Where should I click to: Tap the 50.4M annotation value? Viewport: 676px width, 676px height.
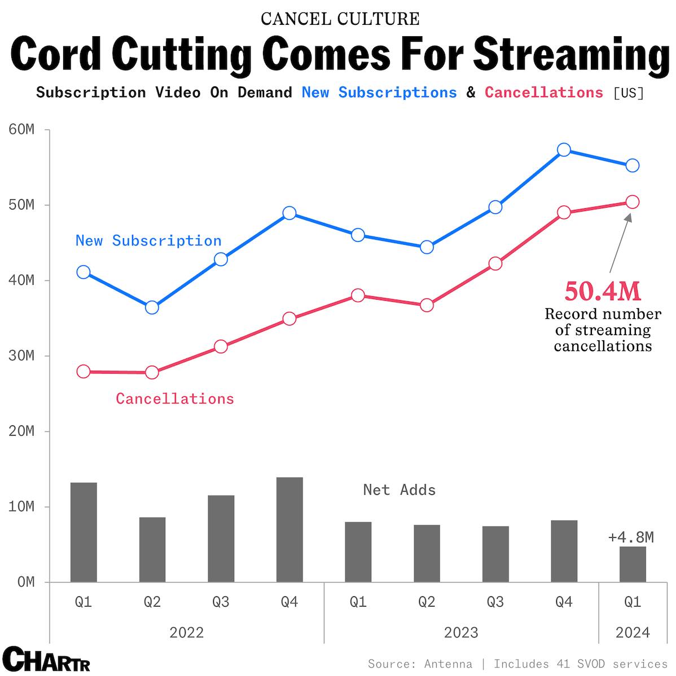coord(603,292)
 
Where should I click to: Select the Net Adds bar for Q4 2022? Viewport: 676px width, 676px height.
coord(289,529)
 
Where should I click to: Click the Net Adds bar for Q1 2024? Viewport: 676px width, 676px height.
coord(633,564)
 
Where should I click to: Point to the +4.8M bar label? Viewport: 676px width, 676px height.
coord(631,537)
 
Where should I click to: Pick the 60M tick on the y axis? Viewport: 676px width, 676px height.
coord(22,130)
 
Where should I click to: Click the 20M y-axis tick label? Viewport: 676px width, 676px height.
coord(22,432)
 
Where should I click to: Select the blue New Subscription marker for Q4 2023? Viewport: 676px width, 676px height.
coord(564,150)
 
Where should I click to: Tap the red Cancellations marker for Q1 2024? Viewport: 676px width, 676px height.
coord(633,202)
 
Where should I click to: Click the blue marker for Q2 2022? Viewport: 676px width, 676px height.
coord(152,308)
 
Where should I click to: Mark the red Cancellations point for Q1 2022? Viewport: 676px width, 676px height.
coord(84,371)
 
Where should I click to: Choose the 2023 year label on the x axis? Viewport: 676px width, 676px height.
coord(461,633)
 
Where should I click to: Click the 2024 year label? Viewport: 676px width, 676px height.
coord(633,633)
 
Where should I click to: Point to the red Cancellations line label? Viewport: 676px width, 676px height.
coord(175,399)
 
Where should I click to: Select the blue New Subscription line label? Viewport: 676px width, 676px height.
coord(148,241)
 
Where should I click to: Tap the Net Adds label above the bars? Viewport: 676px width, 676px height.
coord(400,490)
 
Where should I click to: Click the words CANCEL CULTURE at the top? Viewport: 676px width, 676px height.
coord(340,19)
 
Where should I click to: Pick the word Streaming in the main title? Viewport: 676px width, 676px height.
coord(571,55)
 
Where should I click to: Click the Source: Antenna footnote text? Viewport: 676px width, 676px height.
coord(420,664)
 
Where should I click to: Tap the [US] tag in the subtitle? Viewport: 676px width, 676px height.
coord(629,93)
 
